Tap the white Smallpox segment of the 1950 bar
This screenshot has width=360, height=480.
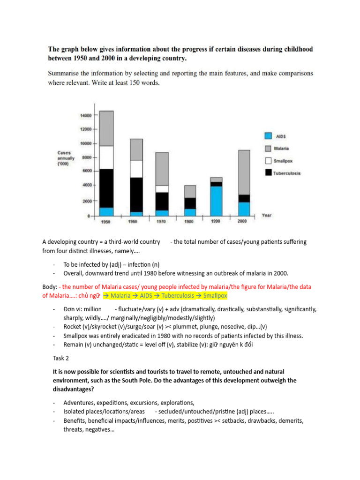[106, 157]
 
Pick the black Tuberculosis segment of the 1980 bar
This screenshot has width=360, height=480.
[190, 203]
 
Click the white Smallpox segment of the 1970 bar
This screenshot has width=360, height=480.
[162, 189]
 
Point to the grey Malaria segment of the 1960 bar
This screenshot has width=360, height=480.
[136, 150]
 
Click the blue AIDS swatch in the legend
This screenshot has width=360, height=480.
[268, 136]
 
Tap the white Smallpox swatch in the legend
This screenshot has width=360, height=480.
[268, 160]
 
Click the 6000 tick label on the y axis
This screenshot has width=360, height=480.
[86, 171]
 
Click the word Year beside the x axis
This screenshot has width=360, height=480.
[266, 216]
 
